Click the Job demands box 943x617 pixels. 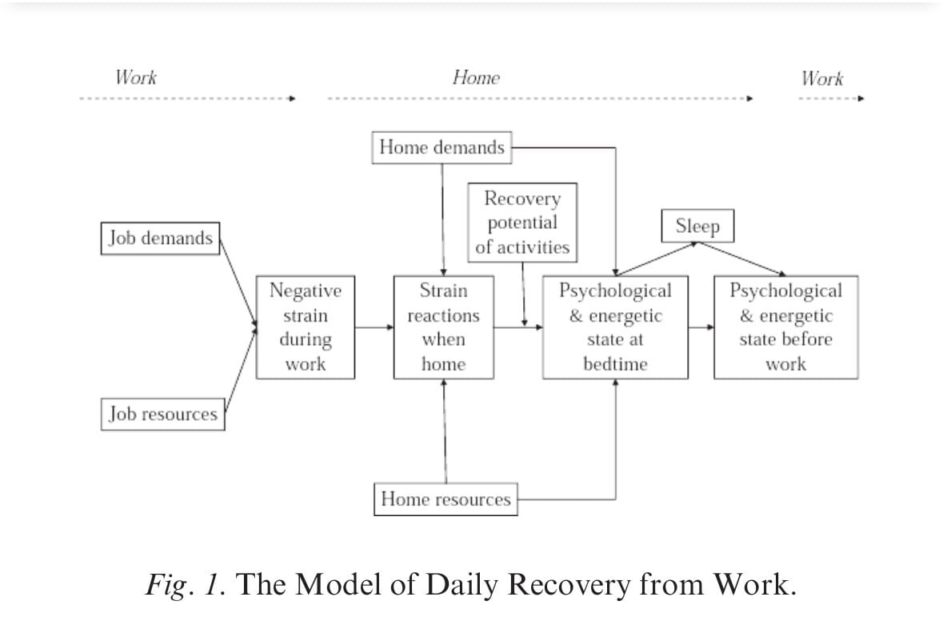tap(160, 238)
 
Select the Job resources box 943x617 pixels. tap(163, 415)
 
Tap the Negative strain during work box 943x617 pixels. tap(306, 327)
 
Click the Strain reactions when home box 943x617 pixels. tap(443, 327)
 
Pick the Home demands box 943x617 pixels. tap(442, 147)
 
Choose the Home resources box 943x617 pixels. tap(446, 499)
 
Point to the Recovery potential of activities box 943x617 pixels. tap(522, 222)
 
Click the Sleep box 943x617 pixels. tap(697, 226)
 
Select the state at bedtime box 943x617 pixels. tap(615, 327)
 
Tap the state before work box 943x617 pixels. tap(786, 327)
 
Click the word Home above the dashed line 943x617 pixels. tap(476, 78)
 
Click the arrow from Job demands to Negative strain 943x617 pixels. tap(238, 280)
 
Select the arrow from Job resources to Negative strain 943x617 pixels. tap(240, 371)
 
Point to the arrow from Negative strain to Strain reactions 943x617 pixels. tap(374, 327)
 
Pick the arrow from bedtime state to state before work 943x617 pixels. tap(701, 327)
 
